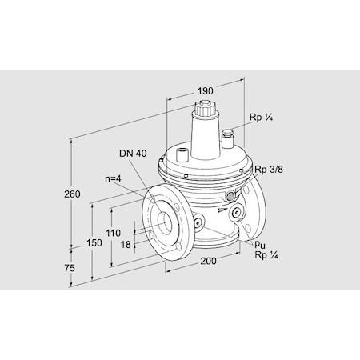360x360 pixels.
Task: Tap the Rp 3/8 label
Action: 269,170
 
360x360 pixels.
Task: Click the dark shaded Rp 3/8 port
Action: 232,194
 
